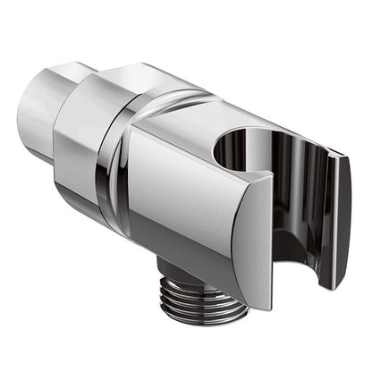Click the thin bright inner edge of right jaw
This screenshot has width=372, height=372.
(x=319, y=224)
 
